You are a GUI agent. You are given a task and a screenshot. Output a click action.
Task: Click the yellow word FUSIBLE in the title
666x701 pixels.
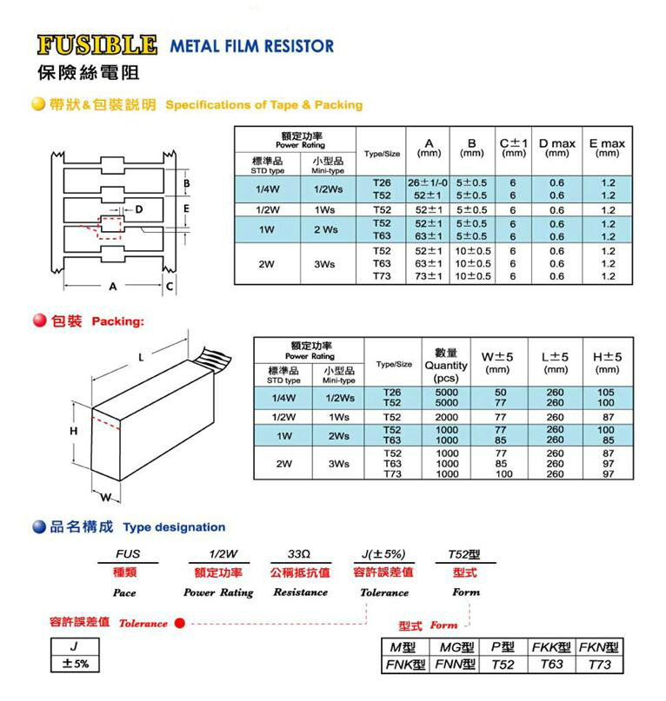pos(97,45)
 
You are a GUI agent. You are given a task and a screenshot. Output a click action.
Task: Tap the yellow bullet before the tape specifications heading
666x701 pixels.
pos(38,104)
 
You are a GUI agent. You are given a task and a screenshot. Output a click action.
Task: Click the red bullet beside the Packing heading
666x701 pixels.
pos(40,321)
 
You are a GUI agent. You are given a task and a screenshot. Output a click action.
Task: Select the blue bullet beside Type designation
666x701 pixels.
pos(39,526)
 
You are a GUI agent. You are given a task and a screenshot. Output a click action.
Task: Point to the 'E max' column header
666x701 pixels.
pos(607,148)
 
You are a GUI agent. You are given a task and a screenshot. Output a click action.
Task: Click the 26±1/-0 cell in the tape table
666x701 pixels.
pos(428,182)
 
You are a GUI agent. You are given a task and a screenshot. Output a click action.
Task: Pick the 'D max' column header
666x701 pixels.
pos(556,148)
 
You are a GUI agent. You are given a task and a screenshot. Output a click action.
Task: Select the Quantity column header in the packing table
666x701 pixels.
pos(446,365)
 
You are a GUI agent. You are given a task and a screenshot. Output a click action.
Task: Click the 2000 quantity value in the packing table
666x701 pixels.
pos(447,417)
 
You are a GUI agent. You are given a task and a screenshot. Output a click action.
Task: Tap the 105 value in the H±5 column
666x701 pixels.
pos(606,392)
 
